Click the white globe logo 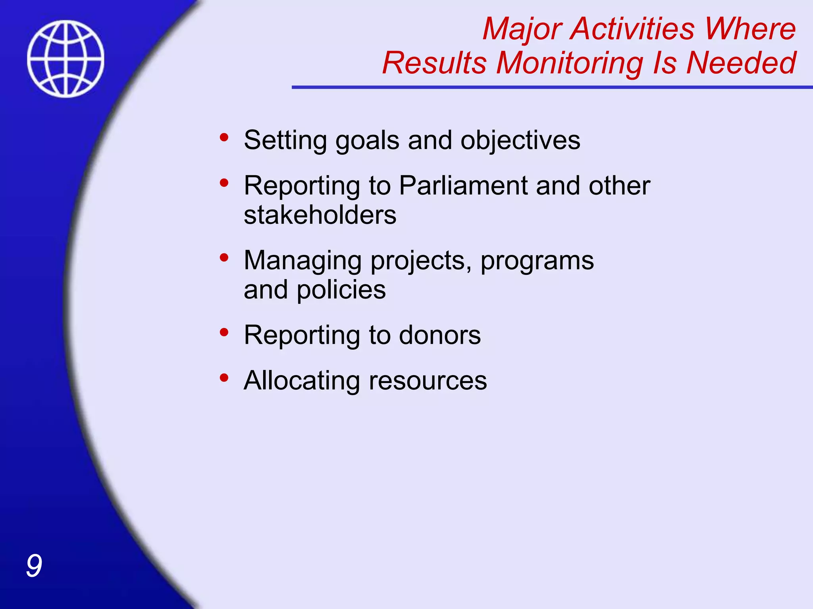[66, 59]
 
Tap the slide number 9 [34, 566]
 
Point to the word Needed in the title [741, 63]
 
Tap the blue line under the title [552, 87]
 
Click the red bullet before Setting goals [224, 138]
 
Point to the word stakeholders [320, 215]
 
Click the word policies [341, 290]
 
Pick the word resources [428, 381]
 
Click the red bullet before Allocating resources [224, 377]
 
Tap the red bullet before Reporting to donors [224, 332]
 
